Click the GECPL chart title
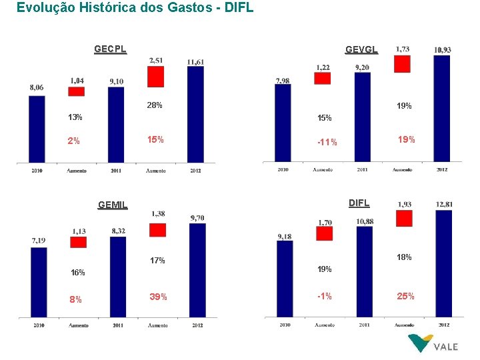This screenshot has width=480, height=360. coord(110,49)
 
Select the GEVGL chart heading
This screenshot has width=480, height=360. coord(361,49)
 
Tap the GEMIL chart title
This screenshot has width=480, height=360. coord(112,205)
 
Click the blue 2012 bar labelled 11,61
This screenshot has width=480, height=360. coord(195,113)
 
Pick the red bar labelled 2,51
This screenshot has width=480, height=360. coord(156,77)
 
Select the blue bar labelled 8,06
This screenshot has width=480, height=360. coord(37,129)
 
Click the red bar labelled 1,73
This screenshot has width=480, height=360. coord(403,63)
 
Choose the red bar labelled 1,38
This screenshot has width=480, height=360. coord(157,229)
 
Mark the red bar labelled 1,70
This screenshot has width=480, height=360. coord(324,233)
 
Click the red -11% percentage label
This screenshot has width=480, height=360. coord(327,142)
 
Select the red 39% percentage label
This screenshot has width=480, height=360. coord(158,297)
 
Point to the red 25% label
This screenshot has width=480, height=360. coord(405,296)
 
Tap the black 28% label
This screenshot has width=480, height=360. coord(155,105)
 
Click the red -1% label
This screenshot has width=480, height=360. coord(326,297)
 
